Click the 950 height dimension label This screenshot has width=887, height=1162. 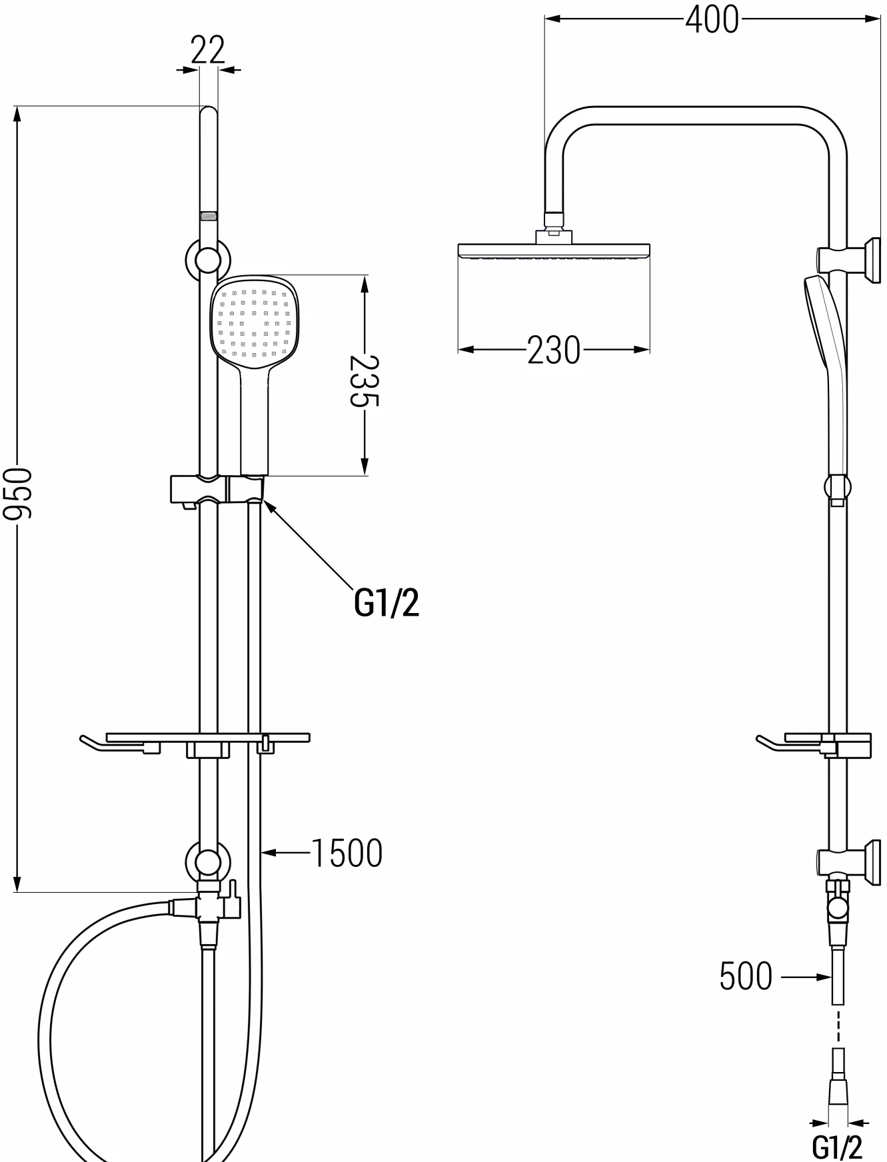click(17, 494)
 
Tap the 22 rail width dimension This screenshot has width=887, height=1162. click(208, 50)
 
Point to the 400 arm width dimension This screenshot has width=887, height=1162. click(712, 19)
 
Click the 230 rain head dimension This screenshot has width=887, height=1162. click(554, 350)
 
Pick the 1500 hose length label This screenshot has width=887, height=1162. click(347, 853)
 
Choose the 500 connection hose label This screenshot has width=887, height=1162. click(746, 977)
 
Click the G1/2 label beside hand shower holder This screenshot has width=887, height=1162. click(387, 603)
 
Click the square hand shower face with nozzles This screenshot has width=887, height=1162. click(256, 322)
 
